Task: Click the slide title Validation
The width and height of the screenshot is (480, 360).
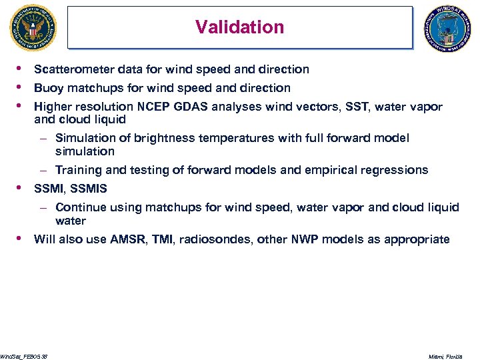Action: (239, 27)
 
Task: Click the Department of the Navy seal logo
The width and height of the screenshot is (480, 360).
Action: (33, 28)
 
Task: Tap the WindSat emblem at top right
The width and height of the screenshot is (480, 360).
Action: (447, 29)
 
